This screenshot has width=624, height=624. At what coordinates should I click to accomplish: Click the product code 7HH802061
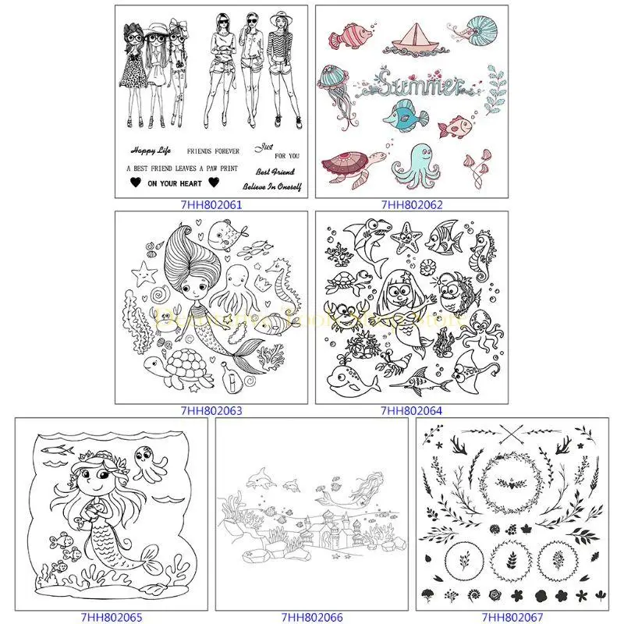tap(211, 205)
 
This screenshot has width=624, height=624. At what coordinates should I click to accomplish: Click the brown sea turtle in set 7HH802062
tap(350, 165)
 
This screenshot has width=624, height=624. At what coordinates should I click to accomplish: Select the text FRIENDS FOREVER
tap(214, 149)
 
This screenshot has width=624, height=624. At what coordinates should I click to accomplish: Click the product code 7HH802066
tap(312, 616)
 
